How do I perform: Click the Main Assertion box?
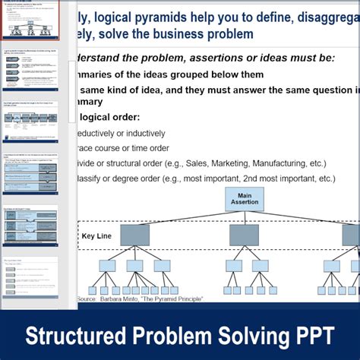tap(244, 199)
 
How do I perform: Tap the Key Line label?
tap(96, 235)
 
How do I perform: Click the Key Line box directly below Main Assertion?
tap(244, 235)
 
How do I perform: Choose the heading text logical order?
tap(106, 117)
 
